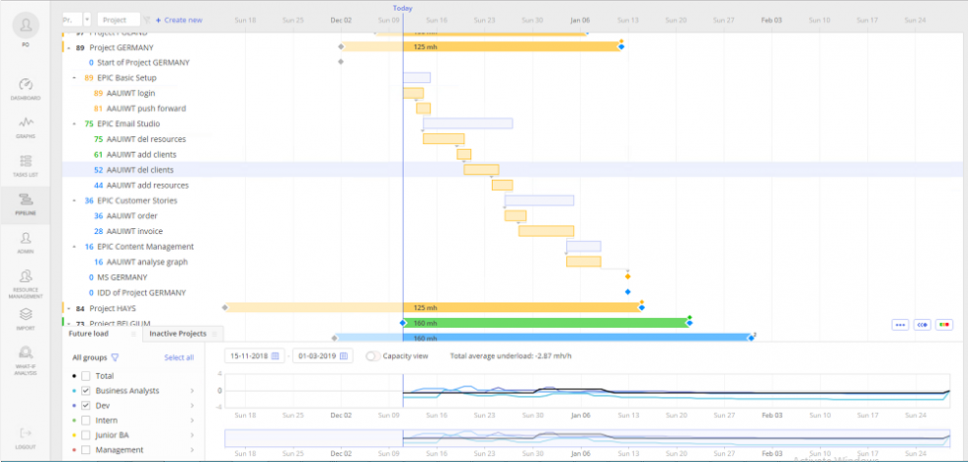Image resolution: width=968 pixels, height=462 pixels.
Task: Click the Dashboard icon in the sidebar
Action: click(26, 87)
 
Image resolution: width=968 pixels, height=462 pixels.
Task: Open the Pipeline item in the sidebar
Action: click(26, 203)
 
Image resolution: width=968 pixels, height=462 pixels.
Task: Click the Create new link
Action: click(179, 20)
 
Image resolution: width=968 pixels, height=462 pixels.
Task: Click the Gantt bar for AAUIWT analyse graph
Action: click(583, 262)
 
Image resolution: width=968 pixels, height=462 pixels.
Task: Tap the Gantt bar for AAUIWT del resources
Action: click(444, 139)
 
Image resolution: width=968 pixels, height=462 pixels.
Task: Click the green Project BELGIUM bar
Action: click(546, 323)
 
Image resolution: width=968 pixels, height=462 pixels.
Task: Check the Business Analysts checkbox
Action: click(86, 391)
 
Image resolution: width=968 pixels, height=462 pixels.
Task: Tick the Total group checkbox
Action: click(86, 376)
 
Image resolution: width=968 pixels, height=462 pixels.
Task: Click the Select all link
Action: click(179, 357)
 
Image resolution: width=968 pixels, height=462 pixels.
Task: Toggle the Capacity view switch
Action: click(373, 355)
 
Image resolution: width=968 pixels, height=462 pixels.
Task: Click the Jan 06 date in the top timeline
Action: click(579, 20)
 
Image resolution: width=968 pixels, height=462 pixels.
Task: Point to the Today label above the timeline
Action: click(403, 8)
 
